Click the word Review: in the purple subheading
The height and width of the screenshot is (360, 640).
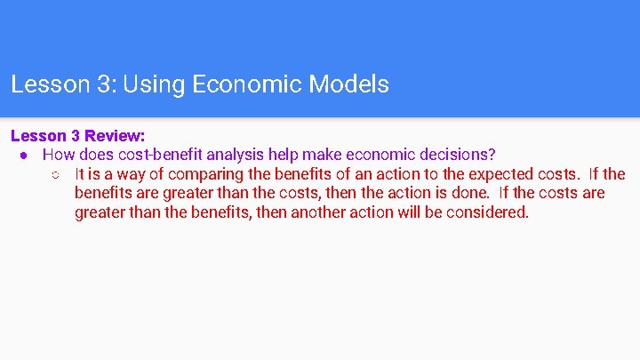click(115, 136)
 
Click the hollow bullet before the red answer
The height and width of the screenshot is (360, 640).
click(56, 174)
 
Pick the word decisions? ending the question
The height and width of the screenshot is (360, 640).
click(456, 155)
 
